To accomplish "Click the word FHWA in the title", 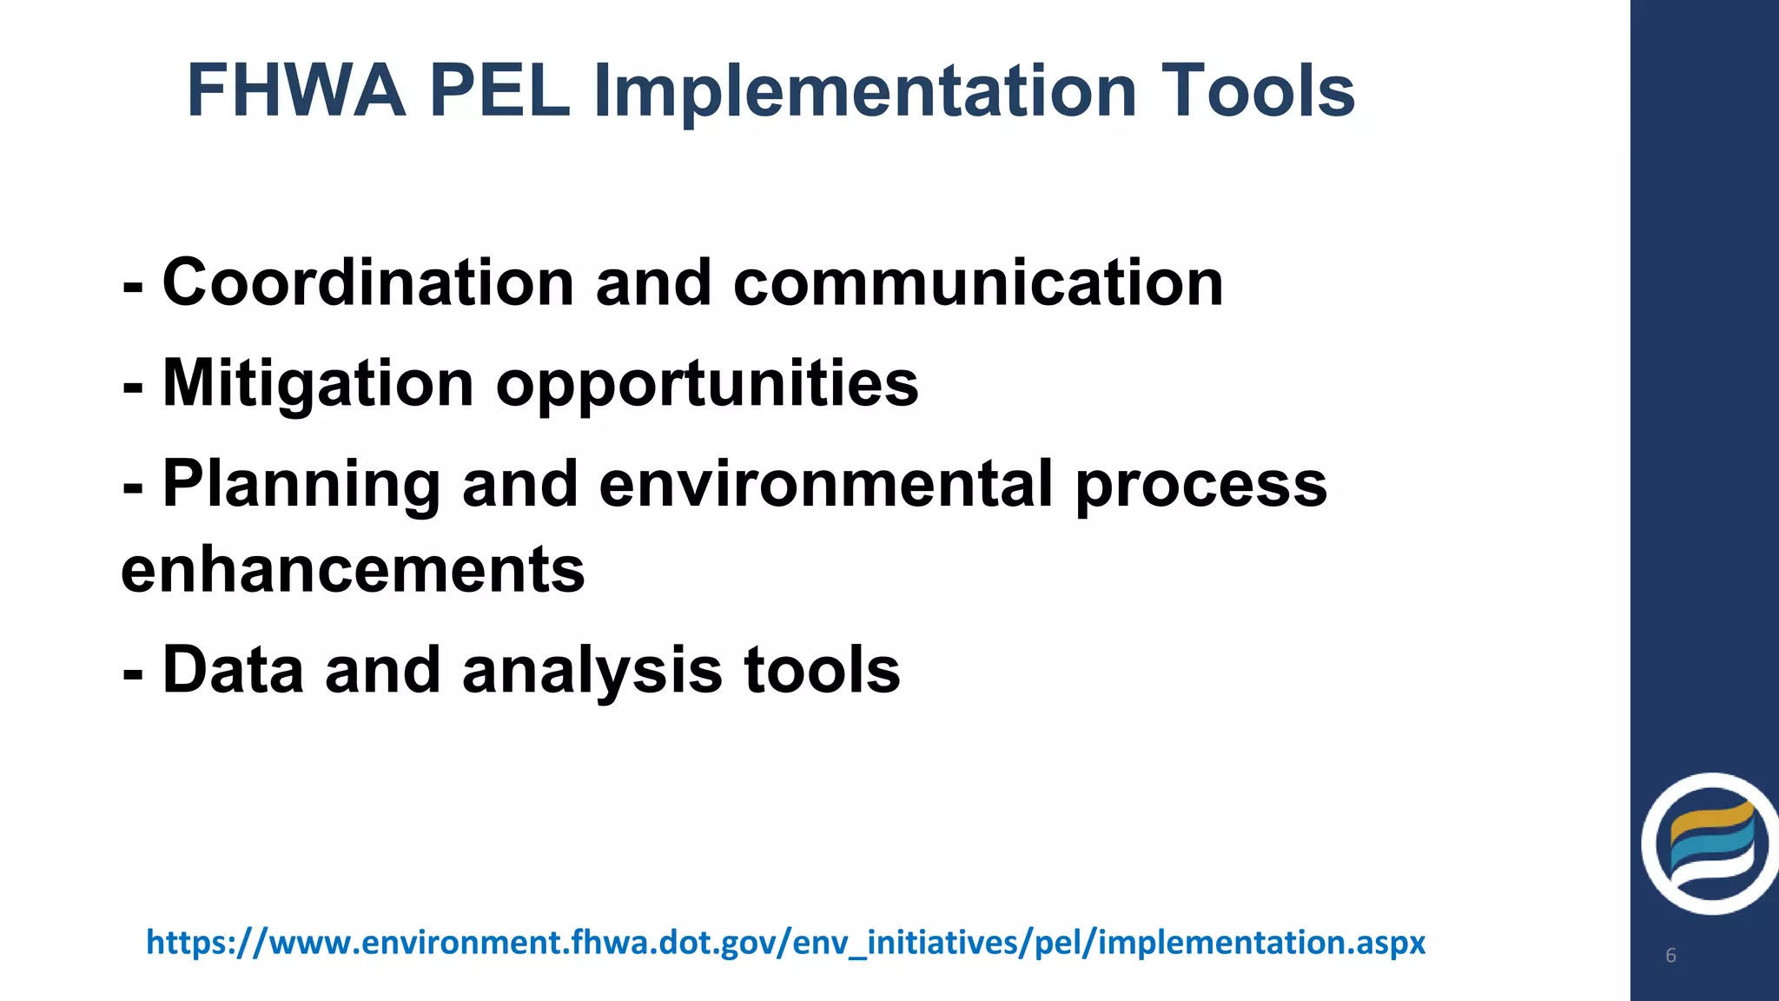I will pyautogui.click(x=296, y=91).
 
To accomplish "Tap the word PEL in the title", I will pyautogui.click(x=499, y=91).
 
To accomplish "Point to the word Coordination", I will pyautogui.click(x=368, y=283).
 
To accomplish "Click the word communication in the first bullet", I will pyautogui.click(x=978, y=283).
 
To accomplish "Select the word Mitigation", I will pyautogui.click(x=318, y=384).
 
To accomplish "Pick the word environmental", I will pyautogui.click(x=826, y=484).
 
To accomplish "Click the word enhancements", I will pyautogui.click(x=353, y=570).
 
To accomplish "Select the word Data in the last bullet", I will pyautogui.click(x=233, y=670).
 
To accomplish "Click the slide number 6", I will pyautogui.click(x=1670, y=956).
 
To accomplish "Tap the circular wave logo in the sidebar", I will pyautogui.click(x=1710, y=844).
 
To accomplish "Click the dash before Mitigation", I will pyautogui.click(x=133, y=386).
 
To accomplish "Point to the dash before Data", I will pyautogui.click(x=133, y=673).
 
